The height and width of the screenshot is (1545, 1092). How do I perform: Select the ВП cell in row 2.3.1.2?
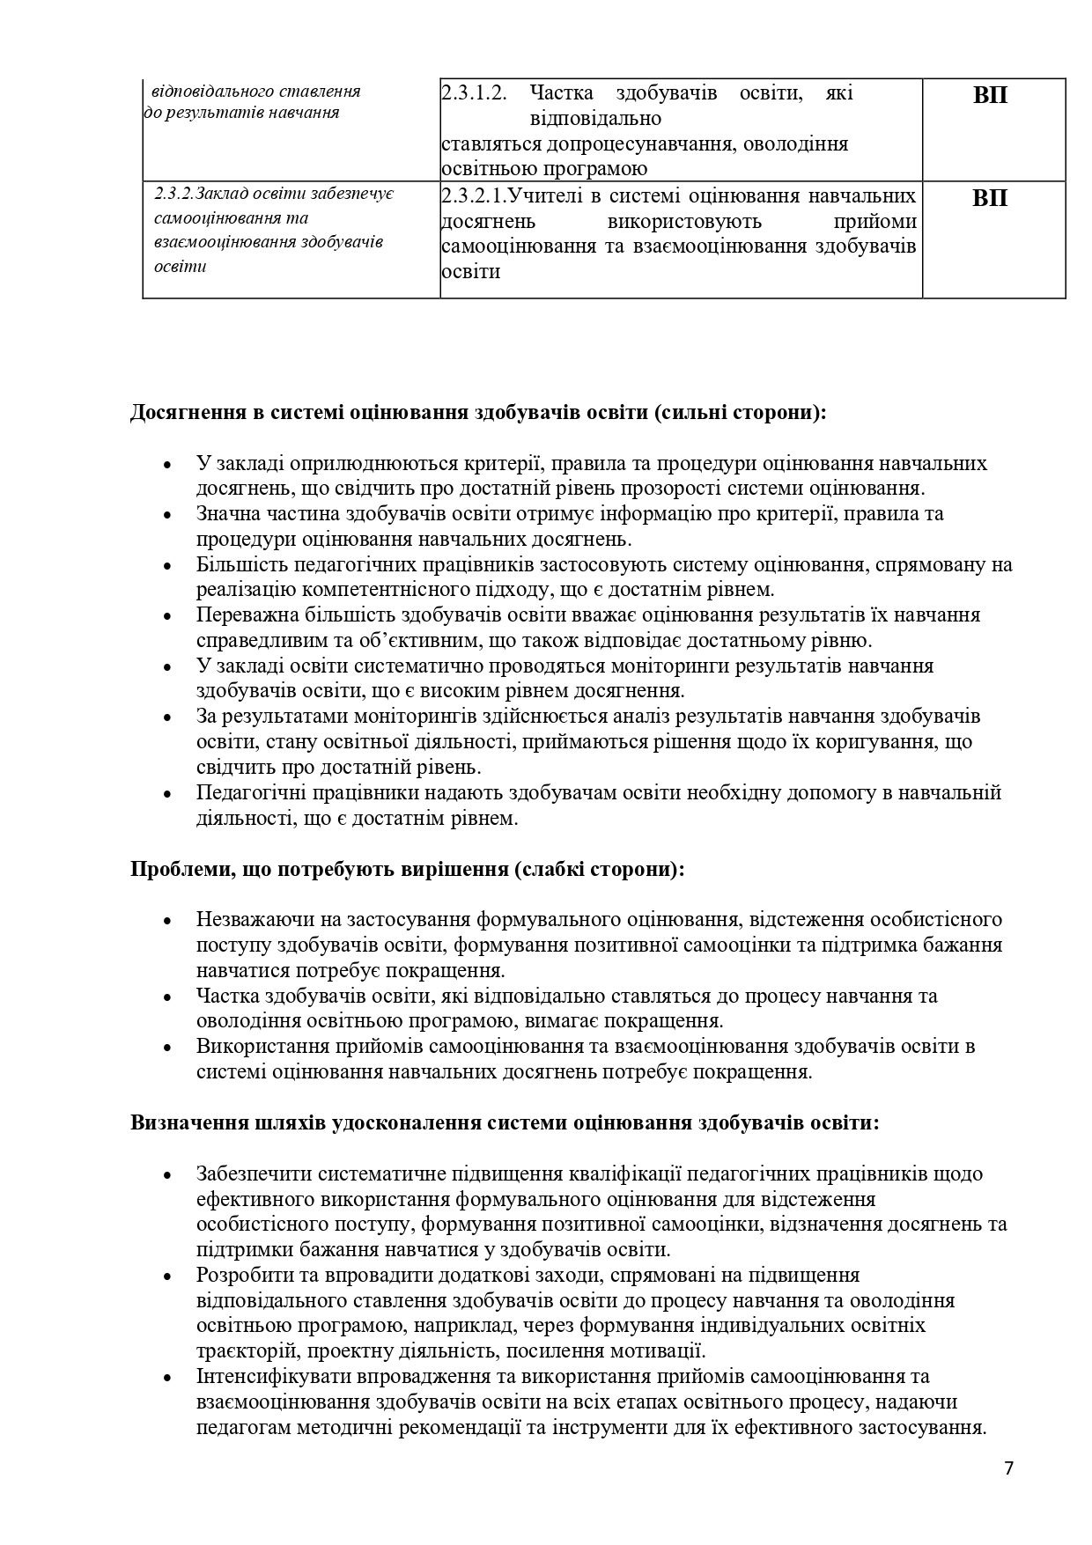pyautogui.click(x=991, y=95)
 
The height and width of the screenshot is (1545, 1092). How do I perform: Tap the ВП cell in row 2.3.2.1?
pyautogui.click(x=991, y=198)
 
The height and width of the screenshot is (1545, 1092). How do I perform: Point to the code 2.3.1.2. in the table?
pyautogui.click(x=474, y=93)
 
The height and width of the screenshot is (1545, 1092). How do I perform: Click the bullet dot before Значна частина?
pyautogui.click(x=166, y=515)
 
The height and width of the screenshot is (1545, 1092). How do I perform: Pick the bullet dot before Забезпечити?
pyautogui.click(x=166, y=1175)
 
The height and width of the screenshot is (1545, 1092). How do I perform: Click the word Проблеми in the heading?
pyautogui.click(x=175, y=869)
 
